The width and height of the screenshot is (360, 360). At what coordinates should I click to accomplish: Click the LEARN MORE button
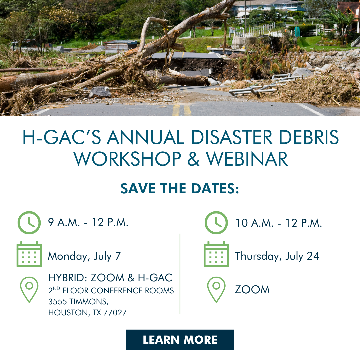tap(180, 340)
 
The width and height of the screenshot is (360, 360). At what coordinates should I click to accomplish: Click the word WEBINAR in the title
tap(247, 159)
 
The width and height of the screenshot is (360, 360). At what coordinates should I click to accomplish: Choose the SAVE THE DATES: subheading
tap(180, 188)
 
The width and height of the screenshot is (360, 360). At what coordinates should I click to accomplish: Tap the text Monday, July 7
tap(84, 256)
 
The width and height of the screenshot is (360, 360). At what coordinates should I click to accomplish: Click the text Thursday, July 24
tap(277, 256)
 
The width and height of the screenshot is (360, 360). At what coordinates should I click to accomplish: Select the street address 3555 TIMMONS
tap(78, 302)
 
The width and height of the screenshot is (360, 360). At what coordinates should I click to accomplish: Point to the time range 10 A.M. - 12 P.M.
tap(279, 223)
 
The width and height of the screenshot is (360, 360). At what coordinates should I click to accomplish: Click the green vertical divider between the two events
tap(180, 274)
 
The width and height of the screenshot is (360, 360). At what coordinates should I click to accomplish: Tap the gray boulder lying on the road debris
tap(100, 92)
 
